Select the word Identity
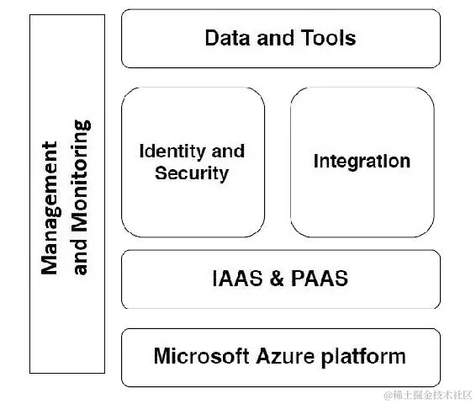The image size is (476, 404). click(172, 151)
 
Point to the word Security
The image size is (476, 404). click(192, 173)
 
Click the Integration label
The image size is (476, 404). click(362, 161)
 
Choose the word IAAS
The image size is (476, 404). click(237, 279)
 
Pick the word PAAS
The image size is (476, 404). click(320, 279)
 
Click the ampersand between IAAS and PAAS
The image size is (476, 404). click(277, 279)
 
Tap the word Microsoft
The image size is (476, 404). click(201, 356)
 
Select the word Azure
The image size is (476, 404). click(285, 356)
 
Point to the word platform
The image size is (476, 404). click(363, 357)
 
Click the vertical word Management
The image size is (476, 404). click(50, 208)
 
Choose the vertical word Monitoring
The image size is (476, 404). click(82, 176)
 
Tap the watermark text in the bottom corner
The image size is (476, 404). click(428, 395)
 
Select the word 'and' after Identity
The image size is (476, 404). click(228, 151)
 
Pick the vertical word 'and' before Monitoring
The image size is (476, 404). click(80, 257)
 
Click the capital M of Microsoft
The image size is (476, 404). click(161, 356)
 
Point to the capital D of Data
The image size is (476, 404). click(212, 38)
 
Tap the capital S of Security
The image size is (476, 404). click(161, 173)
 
